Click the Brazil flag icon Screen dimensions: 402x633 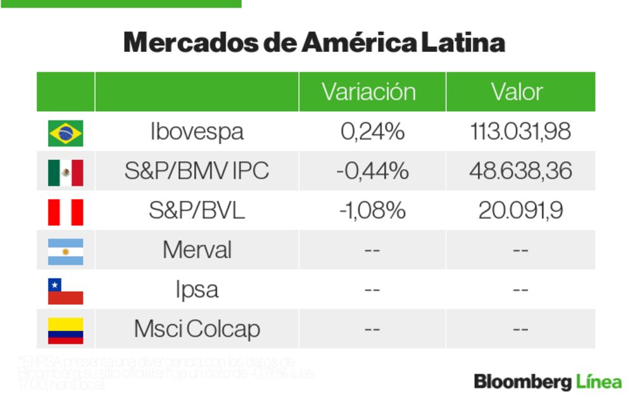pos(65,133)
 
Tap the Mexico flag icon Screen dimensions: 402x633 pos(65,172)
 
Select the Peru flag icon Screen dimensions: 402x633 pos(65,212)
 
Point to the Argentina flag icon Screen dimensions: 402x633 pos(65,251)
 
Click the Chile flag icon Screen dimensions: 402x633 pos(65,291)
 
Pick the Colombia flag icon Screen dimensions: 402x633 pos(65,330)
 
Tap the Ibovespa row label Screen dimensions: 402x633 pos(197,132)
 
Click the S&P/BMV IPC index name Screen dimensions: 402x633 pos(197,171)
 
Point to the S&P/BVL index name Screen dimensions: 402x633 pos(197,211)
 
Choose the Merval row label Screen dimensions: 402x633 pos(197,250)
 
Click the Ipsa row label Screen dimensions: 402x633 pos(197,290)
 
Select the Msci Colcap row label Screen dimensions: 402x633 pos(197,329)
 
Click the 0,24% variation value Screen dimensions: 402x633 pos(372,132)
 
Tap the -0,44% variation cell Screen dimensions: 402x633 pos(372,171)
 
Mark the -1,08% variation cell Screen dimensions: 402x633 pos(372,211)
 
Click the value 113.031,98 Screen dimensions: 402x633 pos(520,132)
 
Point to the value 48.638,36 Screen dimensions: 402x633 pos(520,171)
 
